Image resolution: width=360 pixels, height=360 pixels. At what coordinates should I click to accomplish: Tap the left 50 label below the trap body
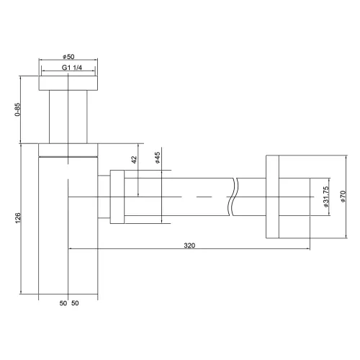(x=63, y=304)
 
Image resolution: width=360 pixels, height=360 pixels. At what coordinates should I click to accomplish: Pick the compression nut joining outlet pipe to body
(x=115, y=197)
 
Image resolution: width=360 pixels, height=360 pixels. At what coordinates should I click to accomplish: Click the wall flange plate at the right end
(x=273, y=197)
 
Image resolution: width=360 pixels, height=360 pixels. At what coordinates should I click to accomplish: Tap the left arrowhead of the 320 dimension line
(x=71, y=250)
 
